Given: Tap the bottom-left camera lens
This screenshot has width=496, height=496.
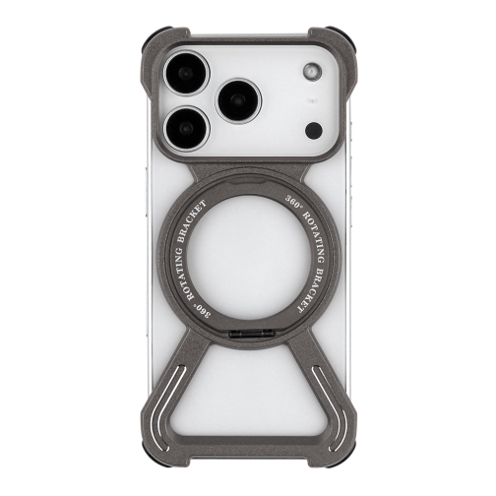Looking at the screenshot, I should click(188, 128).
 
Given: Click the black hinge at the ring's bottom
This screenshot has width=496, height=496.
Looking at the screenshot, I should click(247, 337).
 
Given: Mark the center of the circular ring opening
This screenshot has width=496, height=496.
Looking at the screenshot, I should click(247, 255).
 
